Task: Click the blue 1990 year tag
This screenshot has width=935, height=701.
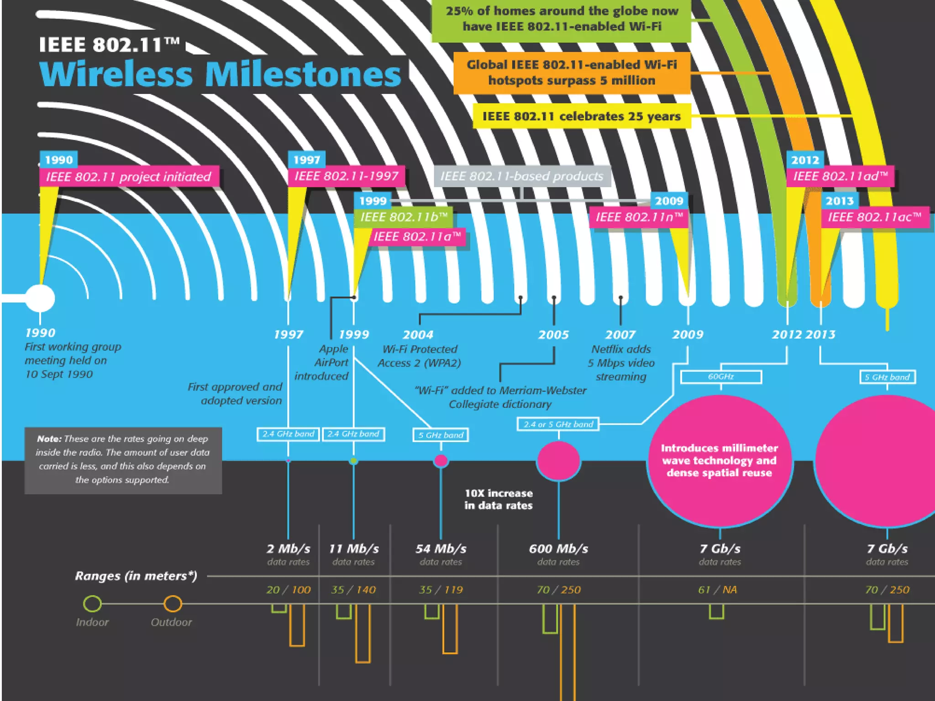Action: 58,160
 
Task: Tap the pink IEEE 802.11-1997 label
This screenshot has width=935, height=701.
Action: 346,176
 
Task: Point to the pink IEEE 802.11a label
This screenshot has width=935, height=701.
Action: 417,236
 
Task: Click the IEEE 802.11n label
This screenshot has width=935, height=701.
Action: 639,217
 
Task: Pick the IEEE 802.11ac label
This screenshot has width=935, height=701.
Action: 875,217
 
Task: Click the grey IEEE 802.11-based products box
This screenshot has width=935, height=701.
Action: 522,176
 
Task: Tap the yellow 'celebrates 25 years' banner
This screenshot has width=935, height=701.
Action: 581,116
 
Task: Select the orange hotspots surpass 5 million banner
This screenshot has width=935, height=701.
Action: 572,73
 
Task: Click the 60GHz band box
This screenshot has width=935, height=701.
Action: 721,377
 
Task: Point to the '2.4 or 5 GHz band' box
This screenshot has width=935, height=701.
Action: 558,424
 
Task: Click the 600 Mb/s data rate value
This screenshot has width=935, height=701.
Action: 558,549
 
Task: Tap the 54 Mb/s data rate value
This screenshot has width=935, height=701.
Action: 441,549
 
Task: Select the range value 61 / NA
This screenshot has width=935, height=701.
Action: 717,590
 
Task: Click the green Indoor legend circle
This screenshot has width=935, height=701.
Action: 92,603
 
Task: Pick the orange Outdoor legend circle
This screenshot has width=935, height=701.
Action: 173,603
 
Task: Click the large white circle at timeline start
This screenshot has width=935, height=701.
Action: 40,298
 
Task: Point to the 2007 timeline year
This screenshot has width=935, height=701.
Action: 620,335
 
